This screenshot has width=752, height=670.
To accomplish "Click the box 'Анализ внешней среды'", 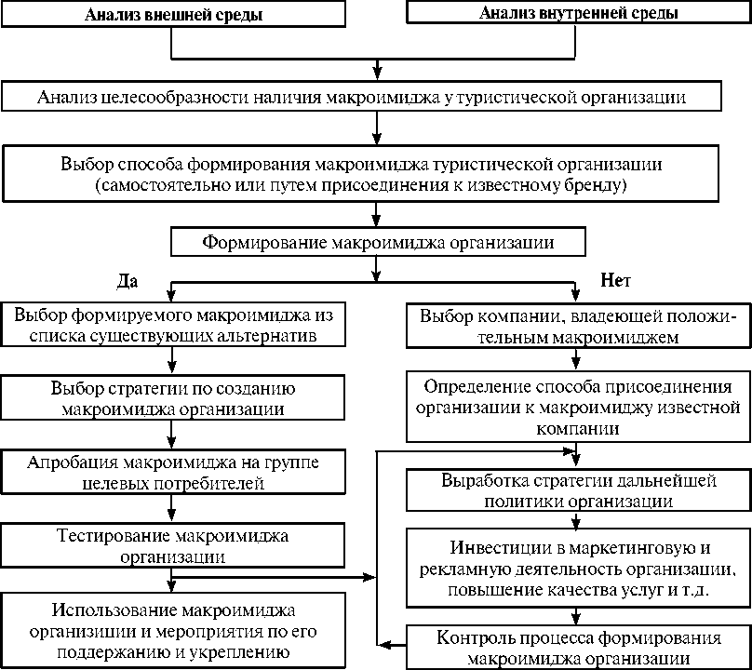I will coord(173,15).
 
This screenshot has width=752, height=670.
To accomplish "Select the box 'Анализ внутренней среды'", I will coord(578,14).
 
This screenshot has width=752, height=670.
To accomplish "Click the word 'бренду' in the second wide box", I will coord(601,186).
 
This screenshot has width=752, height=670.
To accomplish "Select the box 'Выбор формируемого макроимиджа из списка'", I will coord(173,324).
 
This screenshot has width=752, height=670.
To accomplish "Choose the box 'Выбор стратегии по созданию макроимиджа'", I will coord(173,397).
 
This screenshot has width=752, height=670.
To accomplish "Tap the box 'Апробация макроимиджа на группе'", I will coord(173,473).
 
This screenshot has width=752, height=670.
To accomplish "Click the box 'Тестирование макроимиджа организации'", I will coord(173,547).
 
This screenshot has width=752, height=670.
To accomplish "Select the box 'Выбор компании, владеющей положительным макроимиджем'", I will coord(578,326).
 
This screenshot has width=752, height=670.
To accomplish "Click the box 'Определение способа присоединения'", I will coord(578,407).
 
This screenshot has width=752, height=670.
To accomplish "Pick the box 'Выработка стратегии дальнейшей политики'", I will coord(578,490).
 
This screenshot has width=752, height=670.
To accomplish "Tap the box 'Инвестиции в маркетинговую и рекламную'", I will coord(578,568).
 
